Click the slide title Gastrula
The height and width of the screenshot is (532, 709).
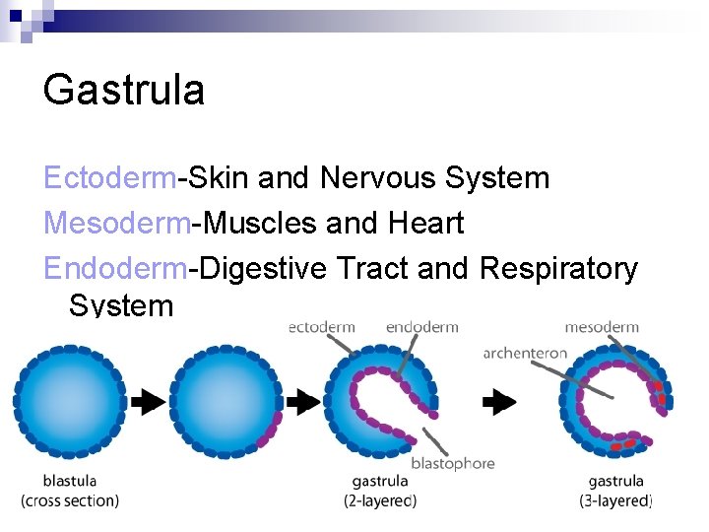pyautogui.click(x=124, y=91)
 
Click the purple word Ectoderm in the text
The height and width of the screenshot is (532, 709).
pyautogui.click(x=110, y=178)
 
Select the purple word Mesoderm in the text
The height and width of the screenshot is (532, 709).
pyautogui.click(x=116, y=224)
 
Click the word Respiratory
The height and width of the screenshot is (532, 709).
pyautogui.click(x=558, y=268)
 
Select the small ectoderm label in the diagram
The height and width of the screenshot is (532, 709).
pyautogui.click(x=322, y=327)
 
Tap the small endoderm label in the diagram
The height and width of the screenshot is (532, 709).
pyautogui.click(x=421, y=327)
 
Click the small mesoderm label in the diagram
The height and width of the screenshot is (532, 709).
pyautogui.click(x=602, y=327)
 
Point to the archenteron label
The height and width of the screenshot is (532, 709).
pyautogui.click(x=525, y=353)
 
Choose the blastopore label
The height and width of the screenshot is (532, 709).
pyautogui.click(x=452, y=463)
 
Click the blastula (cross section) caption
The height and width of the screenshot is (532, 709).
pyautogui.click(x=70, y=491)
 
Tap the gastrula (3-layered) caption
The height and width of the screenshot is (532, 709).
pyautogui.click(x=615, y=491)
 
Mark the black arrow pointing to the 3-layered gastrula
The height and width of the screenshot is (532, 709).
pyautogui.click(x=500, y=401)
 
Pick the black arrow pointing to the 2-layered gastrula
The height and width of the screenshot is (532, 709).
pyautogui.click(x=304, y=401)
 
